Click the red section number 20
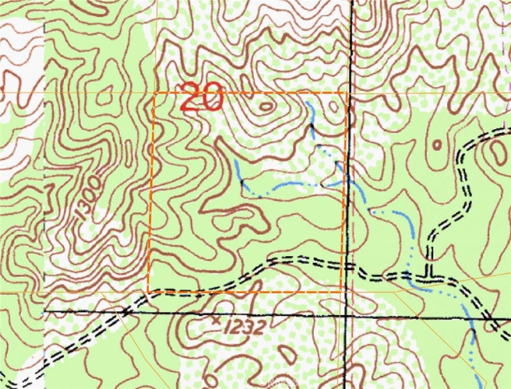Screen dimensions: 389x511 [x=201, y=97]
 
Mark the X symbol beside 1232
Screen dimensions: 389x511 [x=217, y=319]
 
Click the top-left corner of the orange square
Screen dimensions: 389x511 [x=154, y=93]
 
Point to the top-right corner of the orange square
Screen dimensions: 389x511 [x=346, y=93]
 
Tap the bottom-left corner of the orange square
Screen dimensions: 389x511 [x=149, y=291]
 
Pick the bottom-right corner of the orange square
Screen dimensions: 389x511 [x=341, y=291]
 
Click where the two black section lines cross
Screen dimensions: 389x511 [x=347, y=316]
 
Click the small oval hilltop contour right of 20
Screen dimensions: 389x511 [x=266, y=106]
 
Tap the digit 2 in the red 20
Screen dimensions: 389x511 [x=190, y=97]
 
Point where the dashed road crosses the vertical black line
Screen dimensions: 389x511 [x=349, y=266]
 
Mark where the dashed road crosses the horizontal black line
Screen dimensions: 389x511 [x=125, y=313]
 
